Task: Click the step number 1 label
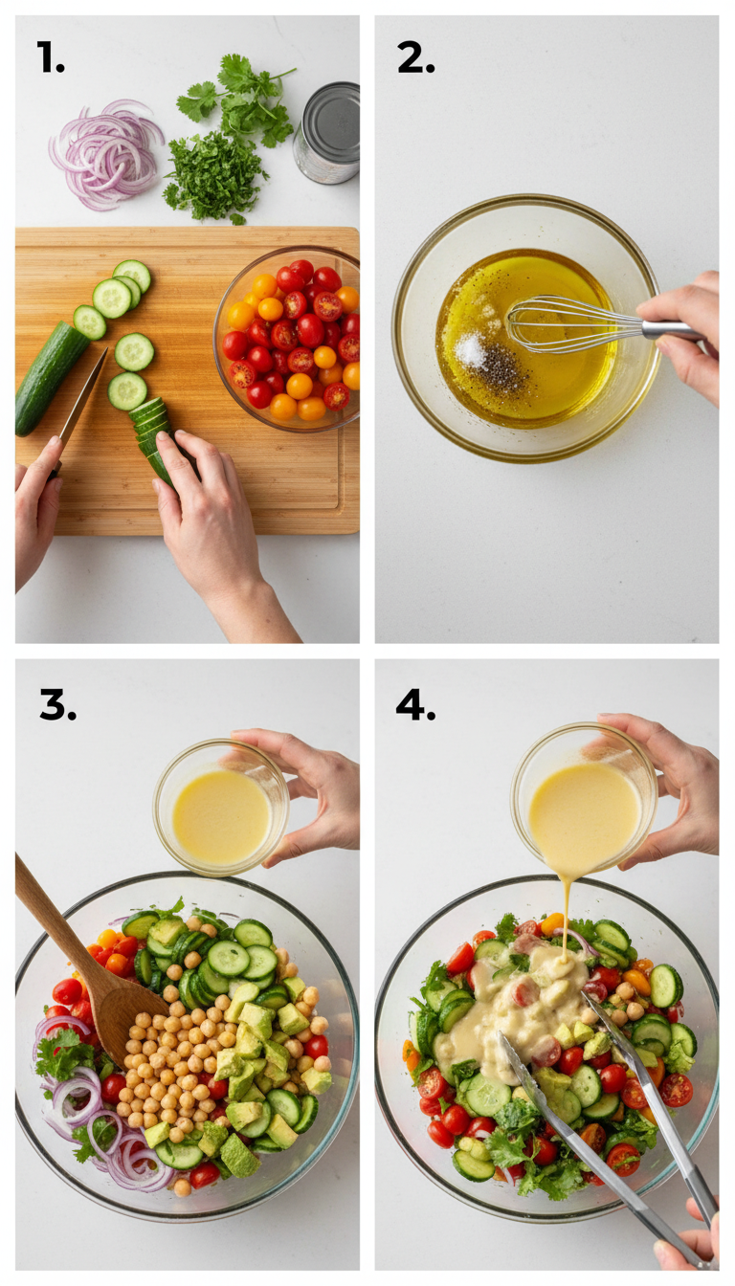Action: click(x=50, y=58)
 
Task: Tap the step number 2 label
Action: click(x=415, y=58)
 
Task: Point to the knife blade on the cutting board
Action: click(x=84, y=394)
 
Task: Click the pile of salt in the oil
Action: click(x=471, y=351)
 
